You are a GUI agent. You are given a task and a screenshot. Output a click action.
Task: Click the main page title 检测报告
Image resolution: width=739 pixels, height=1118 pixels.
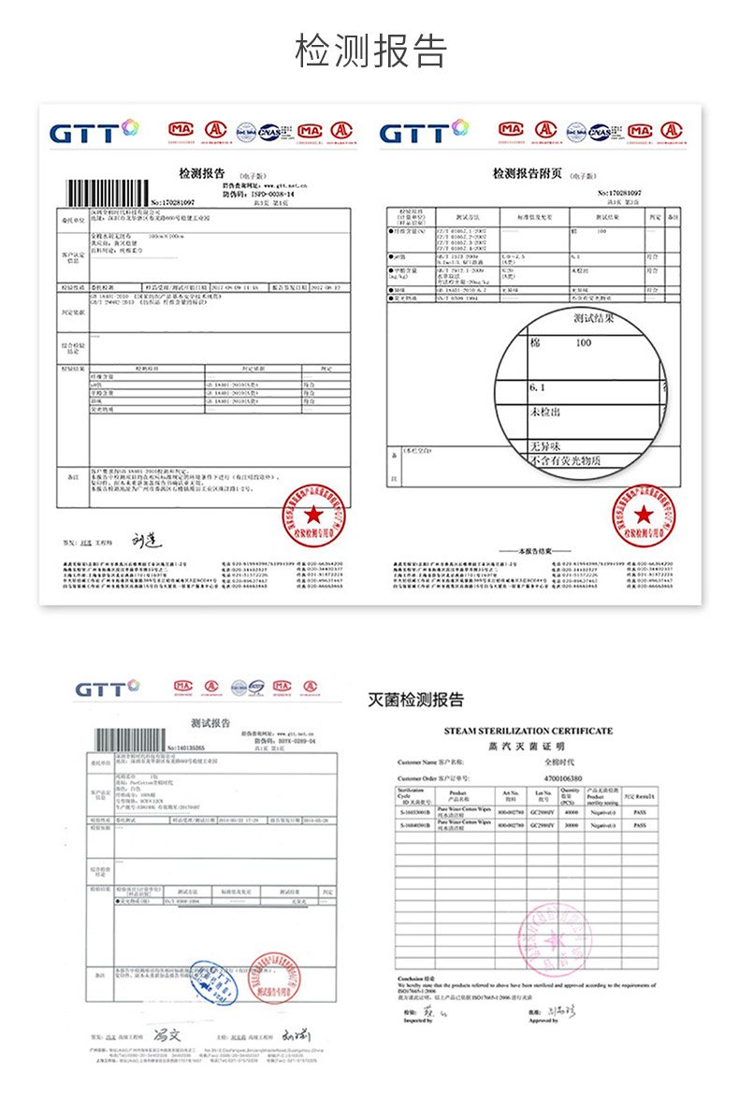(x=370, y=51)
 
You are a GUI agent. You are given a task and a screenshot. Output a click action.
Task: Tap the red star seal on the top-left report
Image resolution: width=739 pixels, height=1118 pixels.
(x=312, y=515)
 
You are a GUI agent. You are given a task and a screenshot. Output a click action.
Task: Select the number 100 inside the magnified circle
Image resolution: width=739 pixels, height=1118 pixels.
(x=584, y=343)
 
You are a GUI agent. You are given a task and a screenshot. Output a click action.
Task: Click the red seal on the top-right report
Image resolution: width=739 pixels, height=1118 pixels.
(x=644, y=516)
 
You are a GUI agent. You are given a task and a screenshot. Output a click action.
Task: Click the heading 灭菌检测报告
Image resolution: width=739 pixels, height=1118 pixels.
(x=414, y=700)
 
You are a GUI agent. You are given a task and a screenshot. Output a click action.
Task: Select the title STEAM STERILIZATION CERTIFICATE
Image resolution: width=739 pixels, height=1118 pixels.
(x=529, y=730)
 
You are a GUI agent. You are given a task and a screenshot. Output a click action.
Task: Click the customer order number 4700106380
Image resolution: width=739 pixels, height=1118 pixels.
(x=562, y=777)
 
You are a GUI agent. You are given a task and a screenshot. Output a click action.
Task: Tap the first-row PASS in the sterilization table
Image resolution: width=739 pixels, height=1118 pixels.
(x=640, y=812)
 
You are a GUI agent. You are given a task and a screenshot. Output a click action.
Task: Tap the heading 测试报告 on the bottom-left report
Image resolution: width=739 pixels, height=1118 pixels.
(x=210, y=723)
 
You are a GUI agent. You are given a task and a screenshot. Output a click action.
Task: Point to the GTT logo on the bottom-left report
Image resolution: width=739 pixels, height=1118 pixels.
(x=107, y=690)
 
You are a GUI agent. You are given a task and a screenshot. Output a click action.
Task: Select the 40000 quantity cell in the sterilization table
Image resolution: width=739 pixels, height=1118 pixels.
(x=571, y=812)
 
